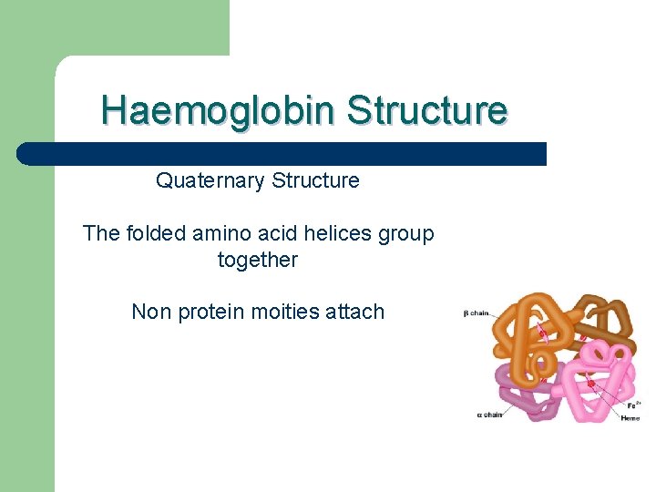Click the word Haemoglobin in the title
[x=219, y=110]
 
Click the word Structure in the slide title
[x=426, y=110]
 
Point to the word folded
[x=156, y=233]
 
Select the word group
[x=407, y=234]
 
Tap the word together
[x=258, y=260]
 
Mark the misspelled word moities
[x=279, y=312]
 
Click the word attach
[x=354, y=312]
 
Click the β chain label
[x=476, y=313]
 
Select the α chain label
[x=489, y=415]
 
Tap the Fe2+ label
[x=631, y=405]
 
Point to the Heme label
[x=630, y=418]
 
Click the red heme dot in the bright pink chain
[x=590, y=384]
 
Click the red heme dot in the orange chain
[x=543, y=334]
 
